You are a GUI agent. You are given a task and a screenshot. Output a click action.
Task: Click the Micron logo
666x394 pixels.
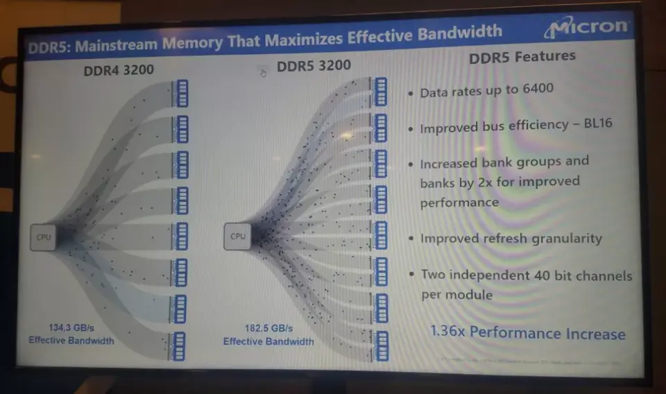588,28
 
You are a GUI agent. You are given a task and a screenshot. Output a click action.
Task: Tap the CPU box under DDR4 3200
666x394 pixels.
43,237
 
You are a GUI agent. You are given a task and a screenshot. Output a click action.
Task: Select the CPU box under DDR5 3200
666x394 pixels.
238,236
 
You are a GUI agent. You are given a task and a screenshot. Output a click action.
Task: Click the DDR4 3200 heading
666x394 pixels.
119,70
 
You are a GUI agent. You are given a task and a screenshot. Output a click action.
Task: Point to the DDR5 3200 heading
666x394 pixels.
314,66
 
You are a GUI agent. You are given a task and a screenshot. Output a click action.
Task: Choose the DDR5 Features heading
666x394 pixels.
522,58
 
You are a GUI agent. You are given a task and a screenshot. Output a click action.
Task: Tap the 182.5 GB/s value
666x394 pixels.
268,328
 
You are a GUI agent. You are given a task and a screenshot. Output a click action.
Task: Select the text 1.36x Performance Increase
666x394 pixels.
527,332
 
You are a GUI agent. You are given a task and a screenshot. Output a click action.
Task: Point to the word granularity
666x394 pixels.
563,239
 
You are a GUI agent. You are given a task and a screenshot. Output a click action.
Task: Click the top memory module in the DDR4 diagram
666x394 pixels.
181,93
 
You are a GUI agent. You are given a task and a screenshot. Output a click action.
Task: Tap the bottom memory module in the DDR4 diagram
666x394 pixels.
179,345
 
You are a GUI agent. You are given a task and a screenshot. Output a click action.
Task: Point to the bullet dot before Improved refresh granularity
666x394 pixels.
411,239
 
